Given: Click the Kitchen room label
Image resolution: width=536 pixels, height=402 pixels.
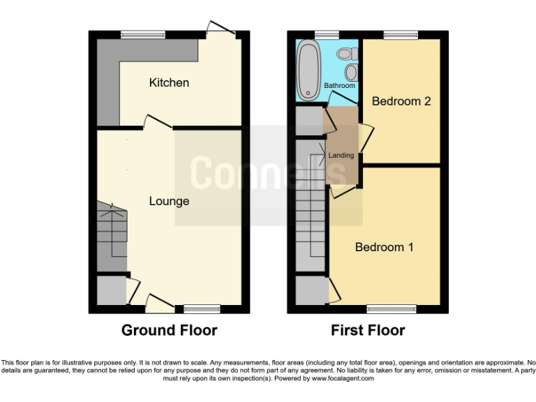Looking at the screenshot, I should coord(169,83).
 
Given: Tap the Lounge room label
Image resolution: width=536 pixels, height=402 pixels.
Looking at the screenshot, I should coord(169,201).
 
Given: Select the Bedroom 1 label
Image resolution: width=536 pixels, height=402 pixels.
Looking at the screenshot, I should coord(384,247).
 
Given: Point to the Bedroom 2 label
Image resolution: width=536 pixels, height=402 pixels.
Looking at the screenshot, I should coord(401,101).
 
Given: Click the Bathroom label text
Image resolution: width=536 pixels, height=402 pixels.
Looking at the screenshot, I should coord(339,86).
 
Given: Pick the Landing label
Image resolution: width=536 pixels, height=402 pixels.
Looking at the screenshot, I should coord(341,155).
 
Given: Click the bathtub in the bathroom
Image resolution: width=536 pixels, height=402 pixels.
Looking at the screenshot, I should coord(308,70).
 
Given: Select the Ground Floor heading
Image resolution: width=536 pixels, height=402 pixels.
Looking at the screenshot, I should coord(169,330).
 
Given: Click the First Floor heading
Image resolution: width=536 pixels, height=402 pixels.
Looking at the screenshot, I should coord(367,330).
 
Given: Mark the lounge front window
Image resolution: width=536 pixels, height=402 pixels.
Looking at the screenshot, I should coord(202,308).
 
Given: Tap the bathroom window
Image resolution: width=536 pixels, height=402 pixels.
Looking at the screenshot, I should coord(326,34).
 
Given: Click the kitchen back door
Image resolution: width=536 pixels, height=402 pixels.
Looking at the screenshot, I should coord(221,30).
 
